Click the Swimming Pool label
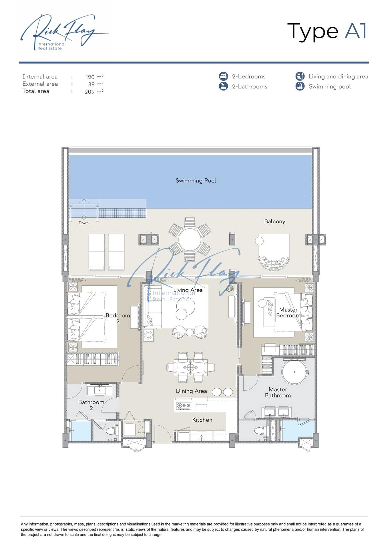click(x=196, y=181)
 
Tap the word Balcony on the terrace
click(x=275, y=221)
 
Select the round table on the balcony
click(x=190, y=239)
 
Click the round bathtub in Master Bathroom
click(x=294, y=372)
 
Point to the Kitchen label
click(x=202, y=420)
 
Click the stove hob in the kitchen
click(x=184, y=405)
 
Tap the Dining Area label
click(x=191, y=391)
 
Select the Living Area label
click(x=188, y=290)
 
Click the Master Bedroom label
click(x=288, y=313)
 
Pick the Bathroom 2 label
click(x=91, y=405)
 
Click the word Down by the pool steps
click(x=83, y=223)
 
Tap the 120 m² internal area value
click(x=94, y=77)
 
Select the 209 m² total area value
click(x=94, y=92)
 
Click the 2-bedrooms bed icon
click(x=223, y=76)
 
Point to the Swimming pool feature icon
click(x=300, y=86)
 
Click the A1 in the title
click(x=355, y=31)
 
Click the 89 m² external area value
click(x=96, y=84)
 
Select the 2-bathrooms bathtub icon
click(x=223, y=86)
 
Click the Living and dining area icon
click(x=300, y=76)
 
